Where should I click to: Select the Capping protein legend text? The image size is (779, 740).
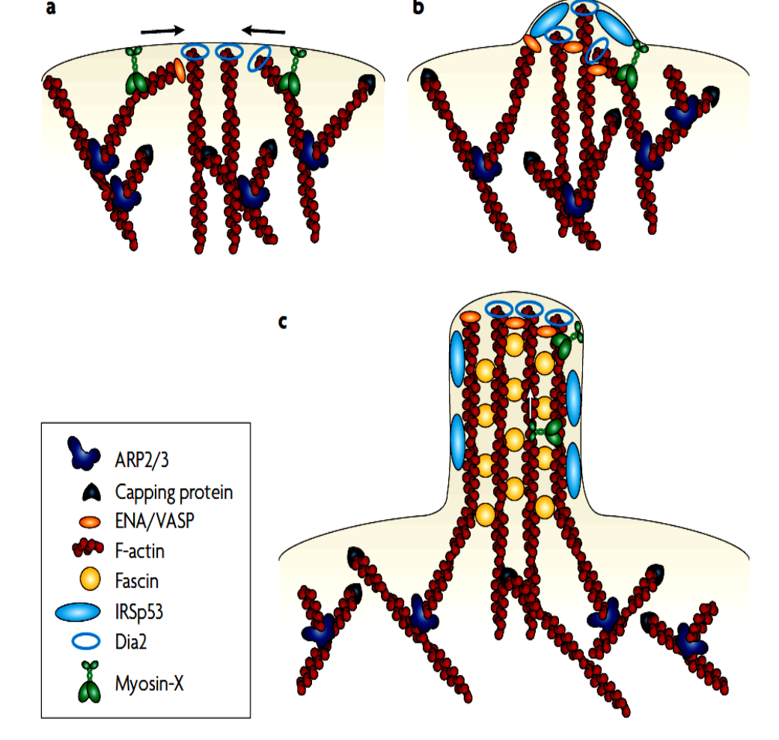[x=174, y=492]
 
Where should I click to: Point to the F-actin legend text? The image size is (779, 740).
[x=141, y=551]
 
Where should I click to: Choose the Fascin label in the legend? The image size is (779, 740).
[x=137, y=581]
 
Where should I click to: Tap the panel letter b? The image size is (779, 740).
[x=418, y=9]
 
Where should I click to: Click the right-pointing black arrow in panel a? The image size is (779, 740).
[x=162, y=31]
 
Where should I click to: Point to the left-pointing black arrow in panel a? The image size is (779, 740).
[x=263, y=31]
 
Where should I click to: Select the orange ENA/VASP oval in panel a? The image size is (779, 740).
[x=179, y=70]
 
